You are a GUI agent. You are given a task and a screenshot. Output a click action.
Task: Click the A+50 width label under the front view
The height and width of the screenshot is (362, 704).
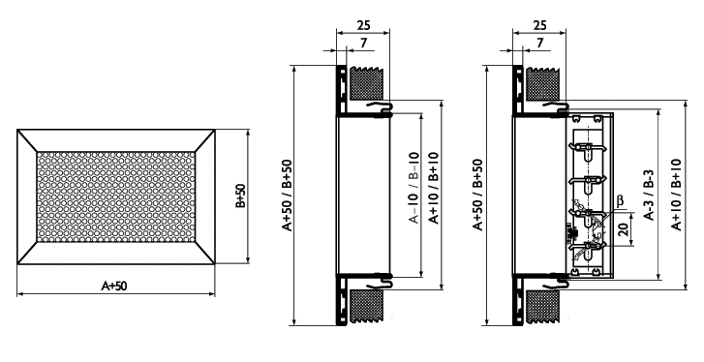click(114, 286)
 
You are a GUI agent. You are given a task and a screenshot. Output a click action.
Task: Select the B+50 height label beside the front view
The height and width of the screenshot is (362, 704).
click(240, 196)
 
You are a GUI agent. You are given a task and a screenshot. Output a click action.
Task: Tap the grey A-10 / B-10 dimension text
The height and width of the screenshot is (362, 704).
click(413, 188)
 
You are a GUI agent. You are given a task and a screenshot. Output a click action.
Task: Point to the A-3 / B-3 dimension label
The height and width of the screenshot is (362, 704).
click(649, 195)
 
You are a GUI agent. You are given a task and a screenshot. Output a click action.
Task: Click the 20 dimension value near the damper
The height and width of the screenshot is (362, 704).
click(623, 229)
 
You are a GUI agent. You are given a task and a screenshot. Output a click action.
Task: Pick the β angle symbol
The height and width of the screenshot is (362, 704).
click(621, 200)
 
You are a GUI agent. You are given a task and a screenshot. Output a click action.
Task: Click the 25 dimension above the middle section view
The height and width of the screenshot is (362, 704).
click(363, 25)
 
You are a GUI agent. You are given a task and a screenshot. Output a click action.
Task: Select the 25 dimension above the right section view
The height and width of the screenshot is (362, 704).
click(539, 25)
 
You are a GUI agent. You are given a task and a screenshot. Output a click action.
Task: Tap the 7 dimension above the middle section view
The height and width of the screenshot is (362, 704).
click(364, 43)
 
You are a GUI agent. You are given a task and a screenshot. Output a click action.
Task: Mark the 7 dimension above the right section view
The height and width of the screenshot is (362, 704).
click(540, 43)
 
